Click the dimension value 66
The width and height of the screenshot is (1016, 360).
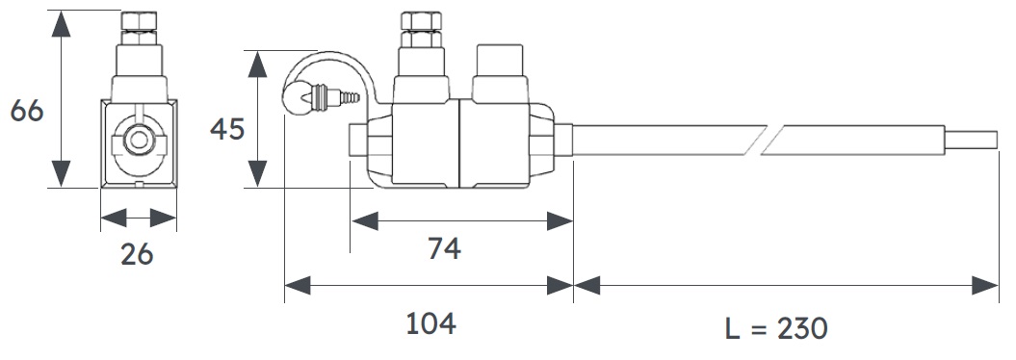[x=27, y=112]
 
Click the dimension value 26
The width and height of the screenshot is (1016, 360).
[x=138, y=254]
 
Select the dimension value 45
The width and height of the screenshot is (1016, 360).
[x=227, y=130]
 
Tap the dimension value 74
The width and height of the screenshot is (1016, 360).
[x=445, y=248]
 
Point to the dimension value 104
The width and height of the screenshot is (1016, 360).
[x=430, y=323]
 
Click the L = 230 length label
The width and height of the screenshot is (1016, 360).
[x=776, y=328]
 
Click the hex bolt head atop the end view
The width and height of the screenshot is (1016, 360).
[x=140, y=21]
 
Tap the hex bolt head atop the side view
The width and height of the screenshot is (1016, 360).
[x=421, y=21]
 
